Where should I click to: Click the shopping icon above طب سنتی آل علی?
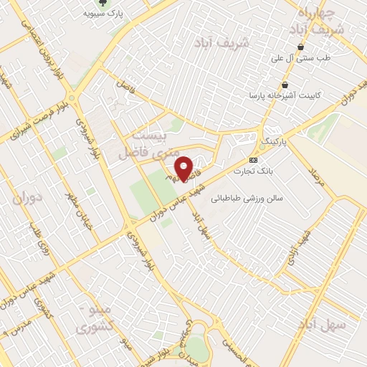click(x=300, y=47)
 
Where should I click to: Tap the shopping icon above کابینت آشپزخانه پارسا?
click(x=274, y=82)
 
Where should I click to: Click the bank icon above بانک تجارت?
click(x=253, y=159)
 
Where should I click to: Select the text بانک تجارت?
click(x=253, y=171)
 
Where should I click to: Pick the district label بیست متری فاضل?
click(x=151, y=144)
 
